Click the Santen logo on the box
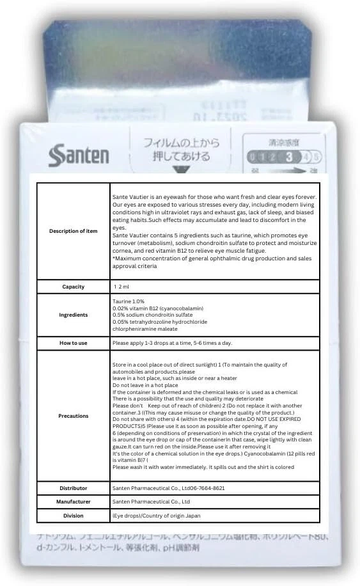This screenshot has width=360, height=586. pyautogui.click(x=79, y=155)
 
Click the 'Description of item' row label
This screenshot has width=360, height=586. pyautogui.click(x=73, y=231)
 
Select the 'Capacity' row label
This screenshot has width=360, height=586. pyautogui.click(x=73, y=287)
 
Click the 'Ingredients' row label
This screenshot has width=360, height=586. pyautogui.click(x=73, y=315)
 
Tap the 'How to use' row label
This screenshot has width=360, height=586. pyautogui.click(x=73, y=343)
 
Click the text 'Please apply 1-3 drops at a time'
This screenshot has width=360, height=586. pyautogui.click(x=163, y=343)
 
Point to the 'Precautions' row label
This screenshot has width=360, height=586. pyautogui.click(x=73, y=416)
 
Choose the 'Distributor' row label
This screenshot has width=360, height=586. pyautogui.click(x=73, y=488)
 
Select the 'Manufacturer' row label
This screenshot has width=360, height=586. pyautogui.click(x=73, y=502)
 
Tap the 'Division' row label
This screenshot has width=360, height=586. pyautogui.click(x=73, y=516)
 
